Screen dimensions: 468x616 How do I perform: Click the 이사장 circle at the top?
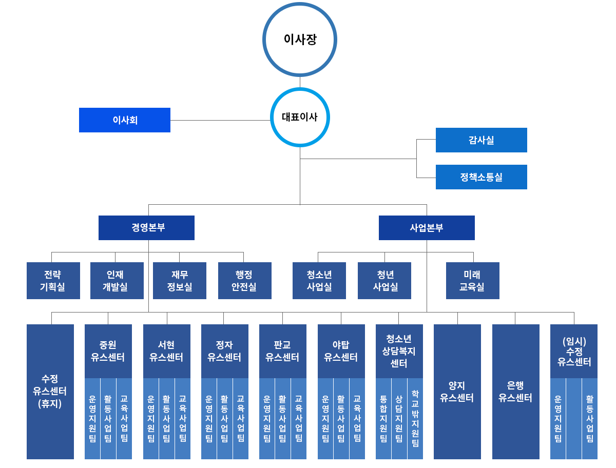(300, 40)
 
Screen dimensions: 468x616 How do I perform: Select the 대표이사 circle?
(300, 118)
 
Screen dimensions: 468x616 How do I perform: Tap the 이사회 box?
(125, 120)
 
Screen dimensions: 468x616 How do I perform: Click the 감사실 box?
(481, 140)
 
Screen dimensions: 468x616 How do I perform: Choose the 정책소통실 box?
(481, 177)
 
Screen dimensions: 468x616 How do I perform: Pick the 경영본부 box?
(146, 228)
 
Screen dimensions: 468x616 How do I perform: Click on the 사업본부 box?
(427, 228)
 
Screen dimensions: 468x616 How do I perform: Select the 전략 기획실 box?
(53, 281)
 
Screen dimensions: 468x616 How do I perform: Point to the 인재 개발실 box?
(117, 281)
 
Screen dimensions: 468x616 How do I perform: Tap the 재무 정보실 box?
(180, 281)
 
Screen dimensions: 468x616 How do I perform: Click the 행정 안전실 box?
(244, 281)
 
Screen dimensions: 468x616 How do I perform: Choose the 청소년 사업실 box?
(319, 281)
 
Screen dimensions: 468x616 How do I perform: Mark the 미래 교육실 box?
(472, 281)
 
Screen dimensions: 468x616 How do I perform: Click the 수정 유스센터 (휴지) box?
(50, 392)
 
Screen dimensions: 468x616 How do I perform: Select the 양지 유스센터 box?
(457, 392)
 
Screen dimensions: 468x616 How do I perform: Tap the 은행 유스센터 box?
(515, 392)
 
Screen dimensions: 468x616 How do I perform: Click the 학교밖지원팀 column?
(415, 418)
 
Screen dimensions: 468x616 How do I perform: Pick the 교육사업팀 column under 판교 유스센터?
(299, 418)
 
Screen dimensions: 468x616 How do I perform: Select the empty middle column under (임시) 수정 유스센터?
(574, 418)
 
